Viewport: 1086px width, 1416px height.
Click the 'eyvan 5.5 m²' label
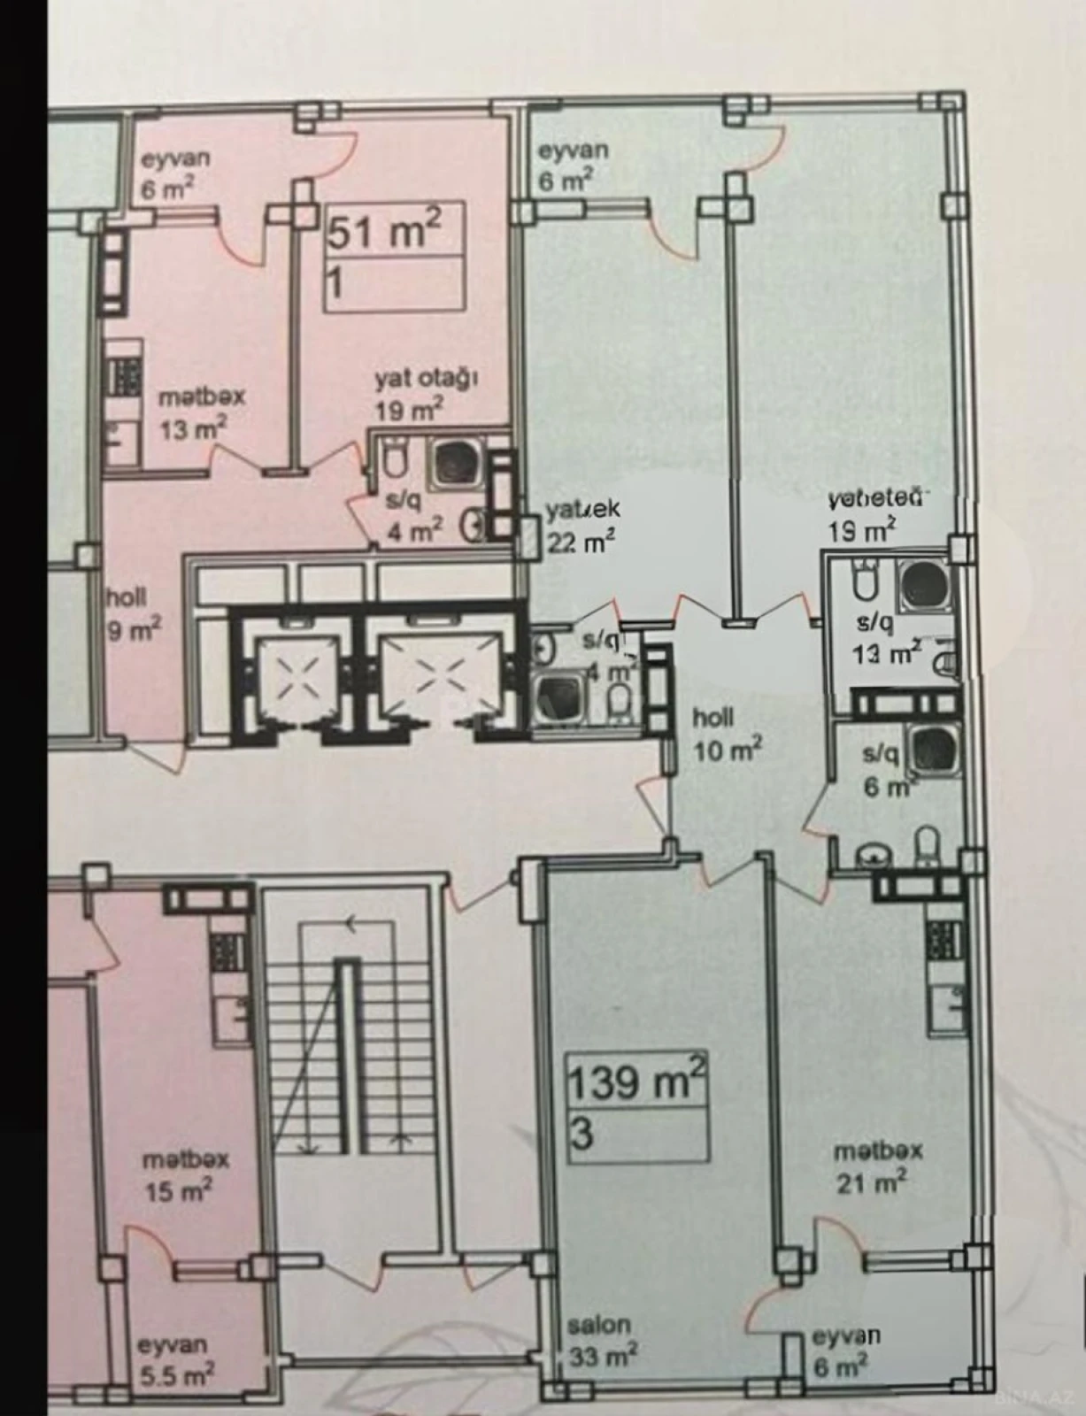pos(175,1360)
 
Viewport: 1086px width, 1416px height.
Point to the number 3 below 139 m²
pos(582,1135)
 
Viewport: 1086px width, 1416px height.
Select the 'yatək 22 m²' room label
pos(582,526)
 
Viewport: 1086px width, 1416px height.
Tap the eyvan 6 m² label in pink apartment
pos(175,173)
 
